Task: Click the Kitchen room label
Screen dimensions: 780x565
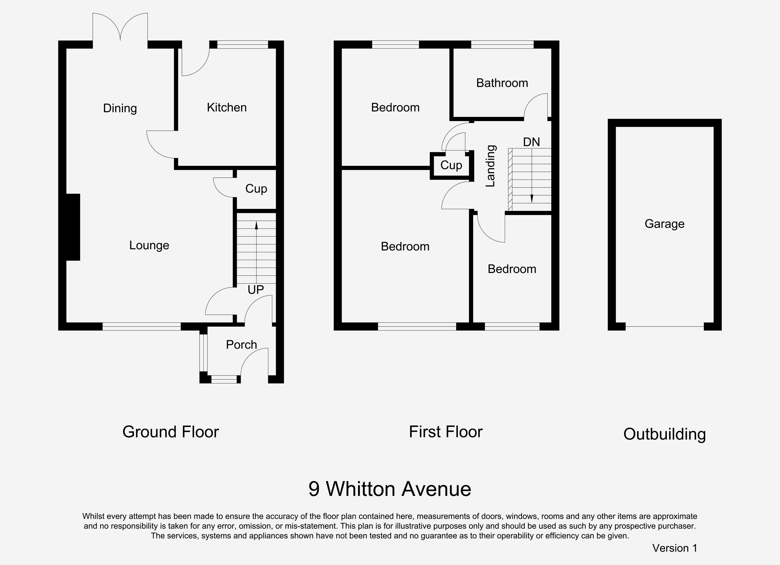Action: (227, 108)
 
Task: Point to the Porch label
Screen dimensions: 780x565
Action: (241, 345)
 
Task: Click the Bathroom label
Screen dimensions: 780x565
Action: (502, 83)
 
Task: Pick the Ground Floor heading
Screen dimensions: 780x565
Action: (171, 432)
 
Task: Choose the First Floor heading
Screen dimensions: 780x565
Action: (446, 432)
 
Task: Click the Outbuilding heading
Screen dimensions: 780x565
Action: (664, 434)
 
